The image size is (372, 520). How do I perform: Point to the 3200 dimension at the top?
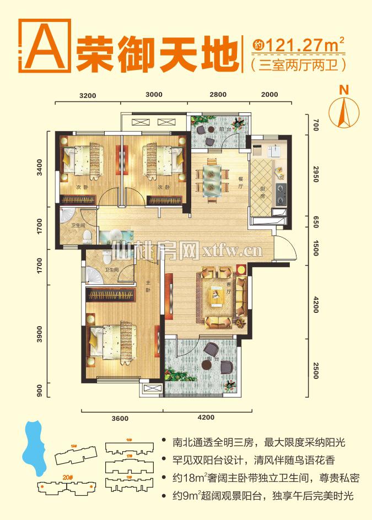pos(88,95)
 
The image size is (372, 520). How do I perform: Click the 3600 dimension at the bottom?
pos(120,418)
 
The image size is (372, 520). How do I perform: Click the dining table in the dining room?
pos(212,177)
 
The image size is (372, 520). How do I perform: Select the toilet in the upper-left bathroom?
pos(87,236)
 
